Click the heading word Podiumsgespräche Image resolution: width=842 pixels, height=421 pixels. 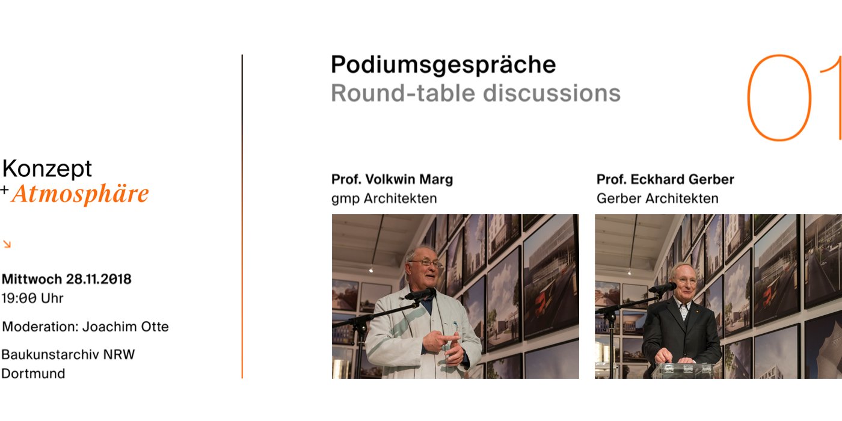[443, 66]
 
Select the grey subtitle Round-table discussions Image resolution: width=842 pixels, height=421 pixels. [476, 93]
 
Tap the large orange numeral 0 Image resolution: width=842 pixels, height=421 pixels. [779, 97]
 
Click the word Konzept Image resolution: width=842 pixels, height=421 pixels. [47, 169]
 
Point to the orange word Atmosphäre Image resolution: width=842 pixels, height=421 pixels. [80, 194]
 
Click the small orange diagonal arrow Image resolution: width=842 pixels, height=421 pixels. [7, 244]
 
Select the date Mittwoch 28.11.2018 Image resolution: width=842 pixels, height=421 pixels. [67, 279]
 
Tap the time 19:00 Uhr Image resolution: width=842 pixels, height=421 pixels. [32, 298]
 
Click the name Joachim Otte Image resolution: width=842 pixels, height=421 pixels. [126, 327]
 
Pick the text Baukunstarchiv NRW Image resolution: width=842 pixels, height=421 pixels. [68, 354]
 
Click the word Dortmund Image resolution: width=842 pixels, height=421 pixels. [33, 373]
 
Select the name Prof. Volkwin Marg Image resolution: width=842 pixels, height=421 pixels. [392, 180]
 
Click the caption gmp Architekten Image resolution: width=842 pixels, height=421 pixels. [384, 198]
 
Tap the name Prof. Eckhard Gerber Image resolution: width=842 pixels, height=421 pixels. [665, 180]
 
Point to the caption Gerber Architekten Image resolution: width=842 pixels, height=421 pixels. [657, 198]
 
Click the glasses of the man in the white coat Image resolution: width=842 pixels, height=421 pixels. [426, 263]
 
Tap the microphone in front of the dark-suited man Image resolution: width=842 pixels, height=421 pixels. [663, 288]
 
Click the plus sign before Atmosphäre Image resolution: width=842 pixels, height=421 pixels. [4, 190]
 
